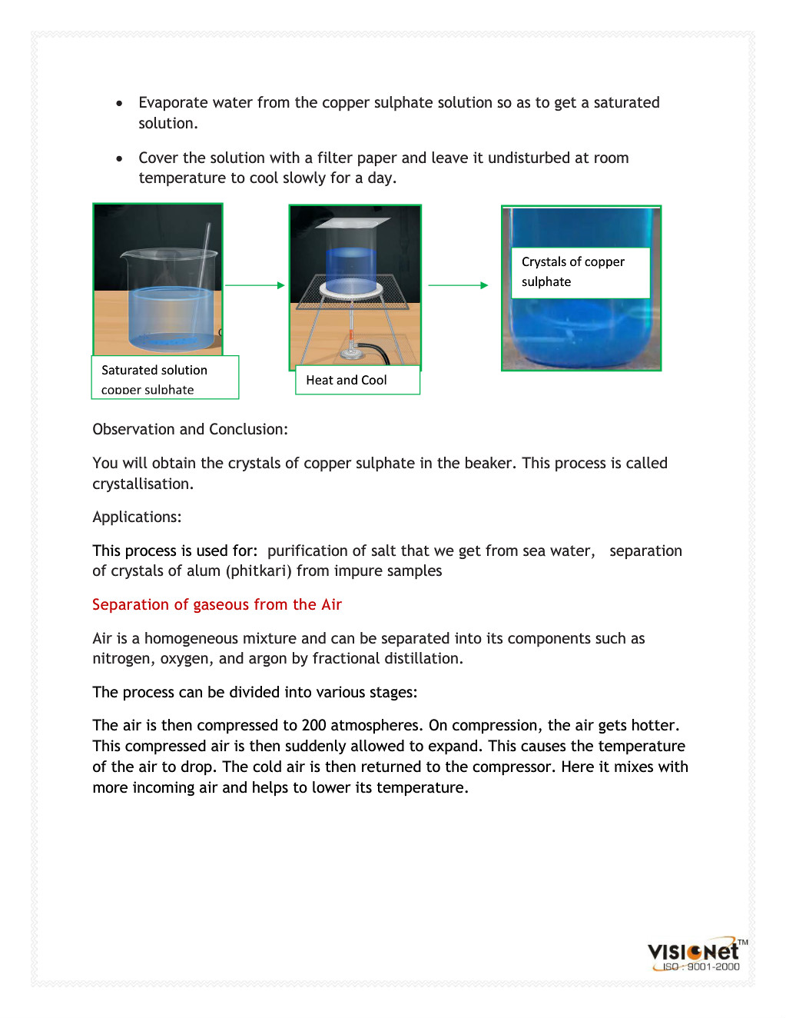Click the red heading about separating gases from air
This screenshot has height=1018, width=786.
pos(217,604)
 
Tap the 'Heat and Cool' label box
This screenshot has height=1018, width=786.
pos(357,380)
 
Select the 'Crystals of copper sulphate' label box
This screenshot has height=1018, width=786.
pos(580,272)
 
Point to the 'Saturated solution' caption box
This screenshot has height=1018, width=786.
pos(164,377)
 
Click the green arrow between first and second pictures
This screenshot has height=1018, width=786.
pos(254,285)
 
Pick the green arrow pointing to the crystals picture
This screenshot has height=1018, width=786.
pos(458,285)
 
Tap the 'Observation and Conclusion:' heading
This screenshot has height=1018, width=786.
pos(190,429)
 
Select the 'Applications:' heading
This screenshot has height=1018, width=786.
pos(137,517)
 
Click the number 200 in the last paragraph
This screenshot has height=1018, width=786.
pos(313,725)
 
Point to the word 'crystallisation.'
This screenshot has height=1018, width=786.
pos(143,484)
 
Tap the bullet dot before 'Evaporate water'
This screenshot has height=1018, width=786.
pos(119,103)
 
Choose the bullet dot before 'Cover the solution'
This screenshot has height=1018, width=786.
pos(119,158)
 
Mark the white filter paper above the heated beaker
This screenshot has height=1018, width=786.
pos(354,223)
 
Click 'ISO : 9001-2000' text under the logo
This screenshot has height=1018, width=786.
pos(701,967)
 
